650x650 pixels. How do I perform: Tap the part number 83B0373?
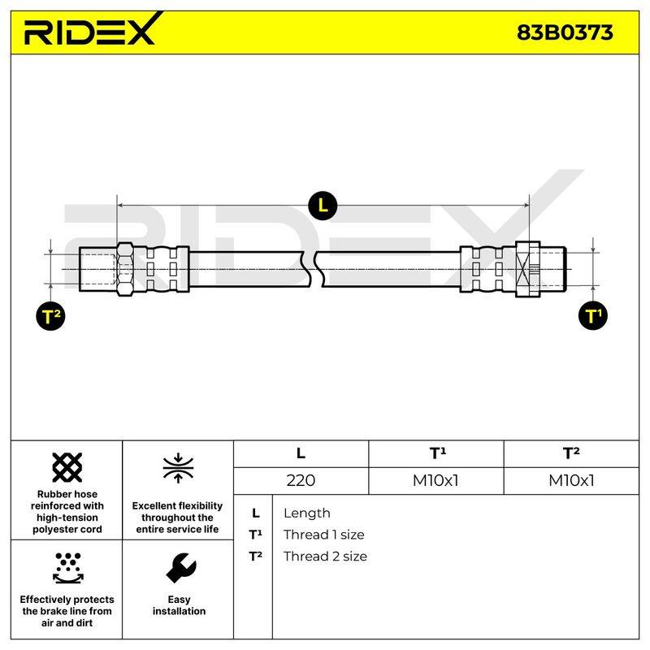pyautogui.click(x=565, y=32)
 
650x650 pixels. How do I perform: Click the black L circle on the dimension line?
pyautogui.click(x=323, y=206)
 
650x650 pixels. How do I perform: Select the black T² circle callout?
pyautogui.click(x=50, y=316)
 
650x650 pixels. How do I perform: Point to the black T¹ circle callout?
pyautogui.click(x=593, y=316)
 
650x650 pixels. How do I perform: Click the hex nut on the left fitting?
pyautogui.click(x=125, y=269)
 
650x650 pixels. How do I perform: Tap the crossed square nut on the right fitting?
pyautogui.click(x=527, y=270)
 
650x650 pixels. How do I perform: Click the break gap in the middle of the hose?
pyautogui.click(x=313, y=270)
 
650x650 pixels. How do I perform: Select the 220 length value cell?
pyautogui.click(x=301, y=480)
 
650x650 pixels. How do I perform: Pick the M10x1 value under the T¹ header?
pyautogui.click(x=435, y=480)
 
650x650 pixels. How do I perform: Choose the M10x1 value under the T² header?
pyautogui.click(x=571, y=480)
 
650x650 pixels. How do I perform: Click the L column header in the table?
pyautogui.click(x=301, y=453)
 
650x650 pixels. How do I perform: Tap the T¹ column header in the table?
pyautogui.click(x=437, y=453)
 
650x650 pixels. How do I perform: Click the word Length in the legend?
pyautogui.click(x=307, y=513)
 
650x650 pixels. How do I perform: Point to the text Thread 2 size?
pyautogui.click(x=325, y=557)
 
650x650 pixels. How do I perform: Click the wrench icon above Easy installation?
pyautogui.click(x=180, y=567)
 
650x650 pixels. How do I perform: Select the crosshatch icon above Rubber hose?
pyautogui.click(x=67, y=468)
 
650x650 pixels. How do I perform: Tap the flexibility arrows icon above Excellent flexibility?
pyautogui.click(x=178, y=468)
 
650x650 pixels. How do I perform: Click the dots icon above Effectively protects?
pyautogui.click(x=68, y=568)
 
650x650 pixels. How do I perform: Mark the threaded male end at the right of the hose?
pyautogui.click(x=552, y=270)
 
